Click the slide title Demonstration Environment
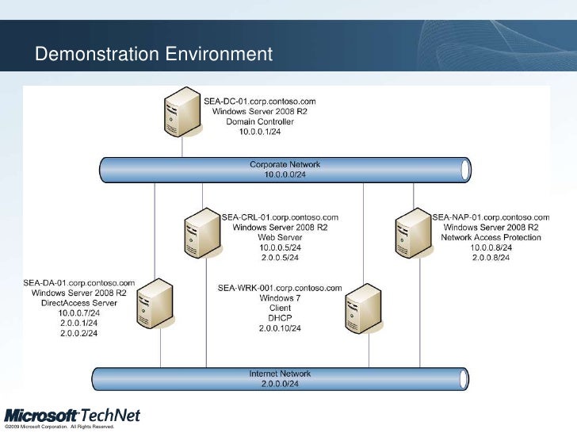[x=154, y=54]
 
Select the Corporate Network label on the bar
[x=285, y=164]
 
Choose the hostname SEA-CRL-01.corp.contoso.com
[x=280, y=216]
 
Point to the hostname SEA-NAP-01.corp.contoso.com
[x=491, y=216]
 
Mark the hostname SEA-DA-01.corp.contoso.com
[x=78, y=282]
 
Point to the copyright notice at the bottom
[x=59, y=428]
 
